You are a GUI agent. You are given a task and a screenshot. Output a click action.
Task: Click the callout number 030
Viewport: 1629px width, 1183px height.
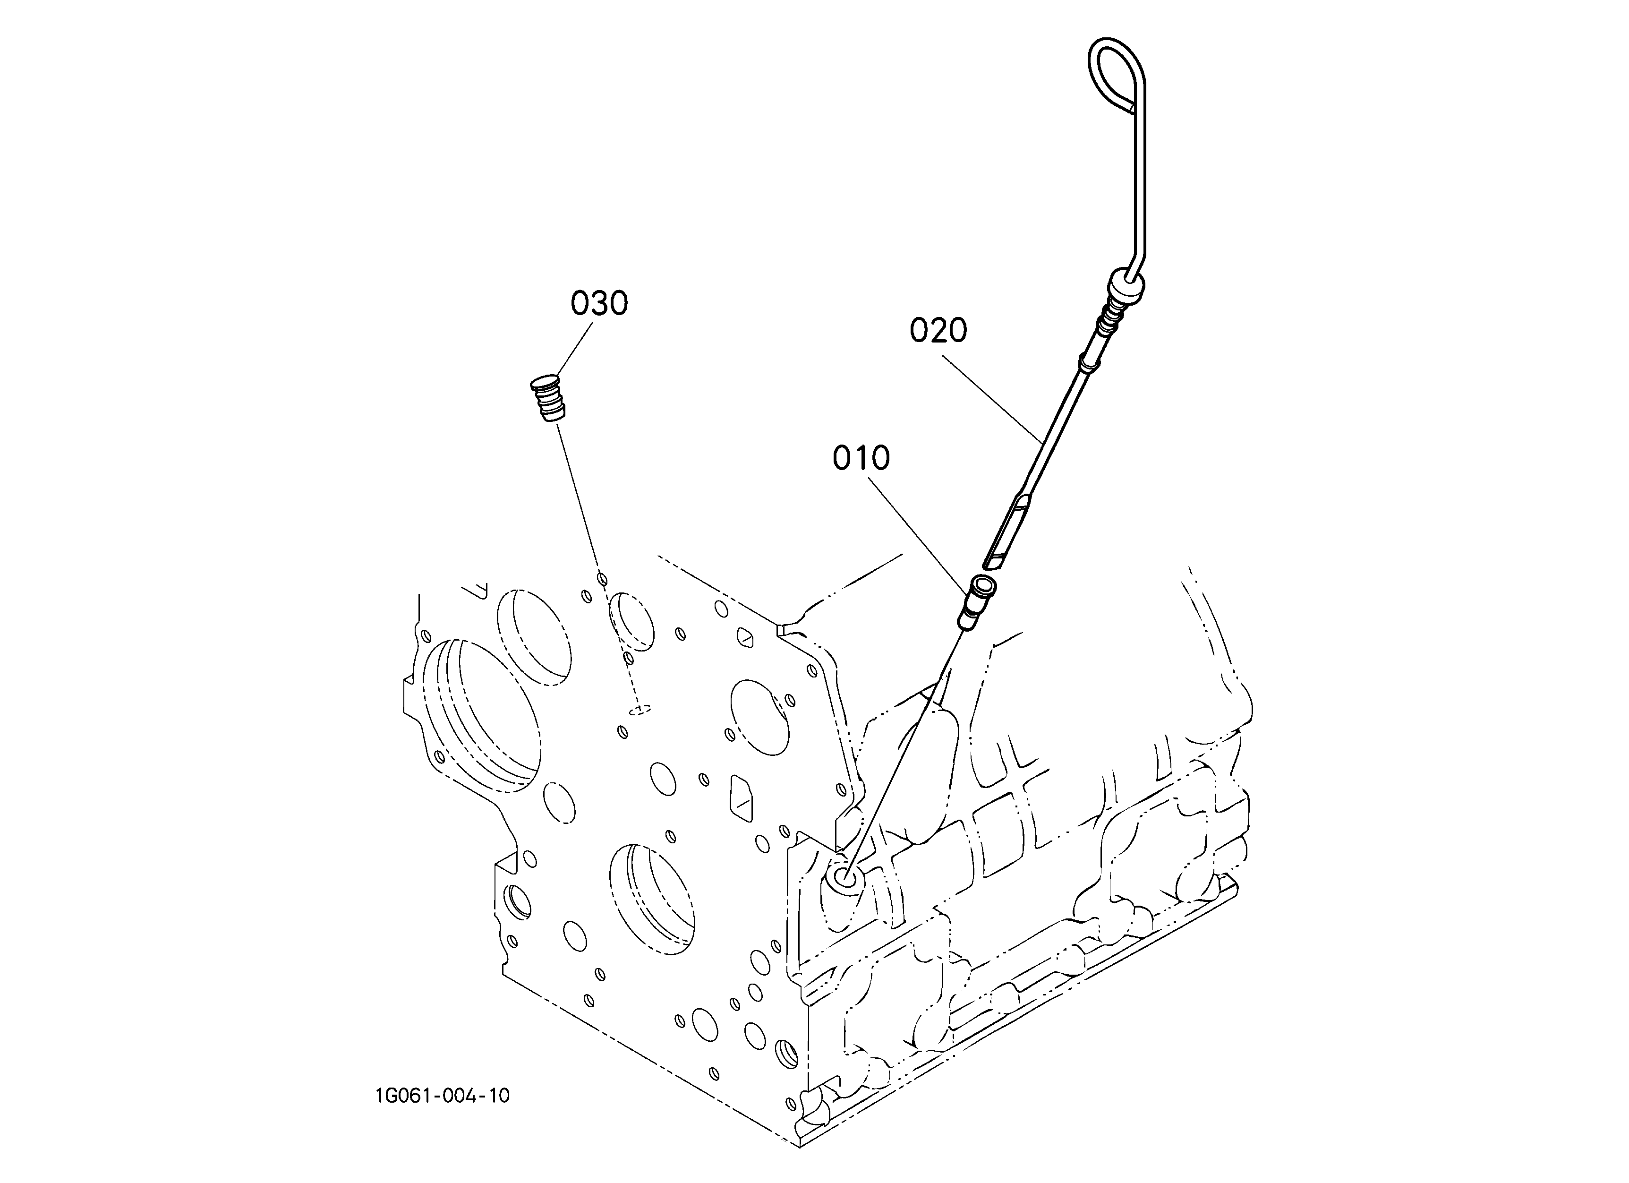click(599, 304)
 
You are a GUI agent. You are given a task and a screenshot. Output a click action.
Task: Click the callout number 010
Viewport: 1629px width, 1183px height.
click(861, 458)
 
